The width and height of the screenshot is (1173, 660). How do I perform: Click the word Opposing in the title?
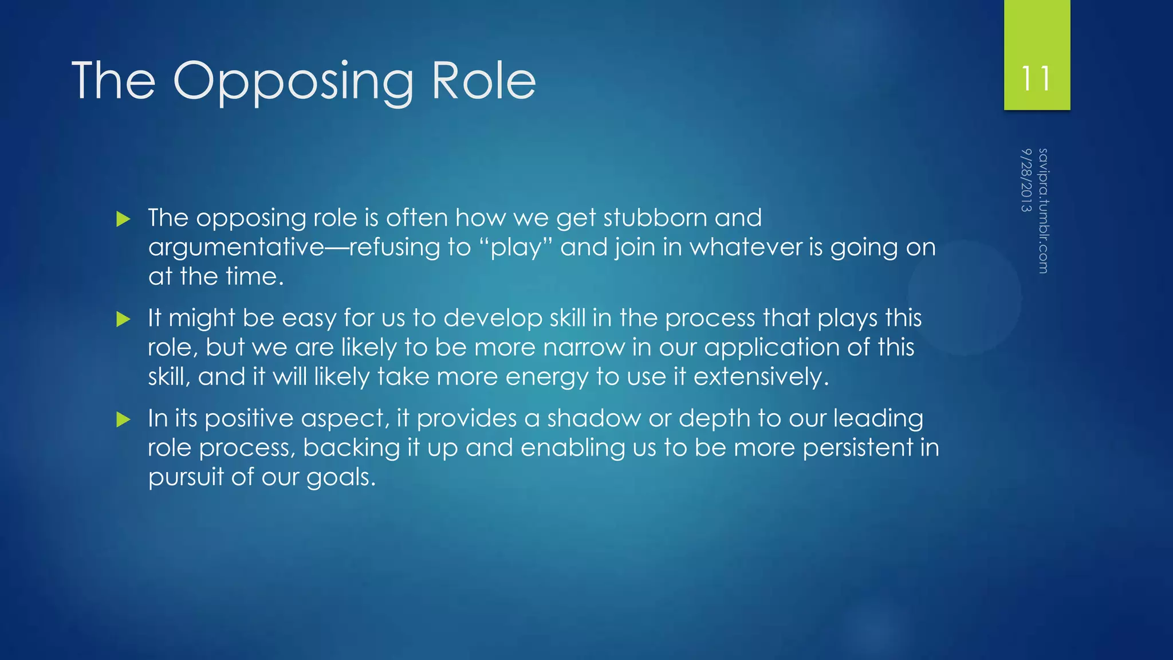pyautogui.click(x=293, y=81)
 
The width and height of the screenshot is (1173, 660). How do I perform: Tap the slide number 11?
pyautogui.click(x=1036, y=78)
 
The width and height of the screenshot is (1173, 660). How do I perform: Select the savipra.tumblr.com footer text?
pyautogui.click(x=1043, y=210)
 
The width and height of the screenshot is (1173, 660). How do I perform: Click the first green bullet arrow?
pyautogui.click(x=123, y=219)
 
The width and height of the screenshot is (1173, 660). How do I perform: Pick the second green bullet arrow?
pyautogui.click(x=123, y=319)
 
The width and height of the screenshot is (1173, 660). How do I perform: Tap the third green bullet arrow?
pyautogui.click(x=123, y=419)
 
